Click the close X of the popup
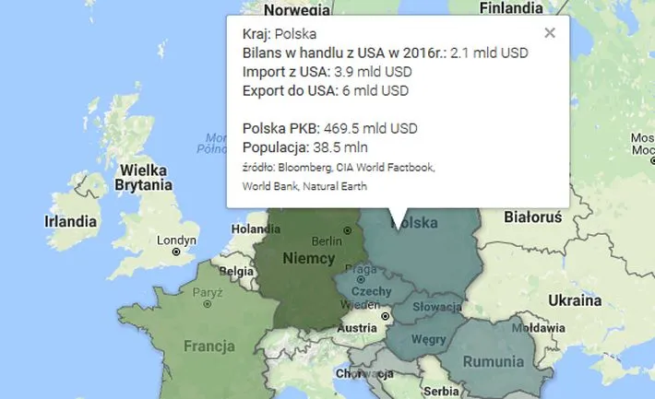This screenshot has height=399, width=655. pos(550,33)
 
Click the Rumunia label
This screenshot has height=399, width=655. pos(493,361)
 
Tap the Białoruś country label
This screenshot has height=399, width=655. pos(533,217)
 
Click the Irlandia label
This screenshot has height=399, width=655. pos(70,221)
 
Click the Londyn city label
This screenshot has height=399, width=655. pos(177,241)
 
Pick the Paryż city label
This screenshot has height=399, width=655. pos(208,293)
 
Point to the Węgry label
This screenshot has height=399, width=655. pos(428,338)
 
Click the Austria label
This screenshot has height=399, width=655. pos(357,327)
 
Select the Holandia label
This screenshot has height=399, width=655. pos(256,229)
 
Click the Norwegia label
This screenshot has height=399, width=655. pos(295,10)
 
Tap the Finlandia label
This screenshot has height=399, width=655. pos(510,8)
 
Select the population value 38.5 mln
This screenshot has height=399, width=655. pos(346,147)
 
